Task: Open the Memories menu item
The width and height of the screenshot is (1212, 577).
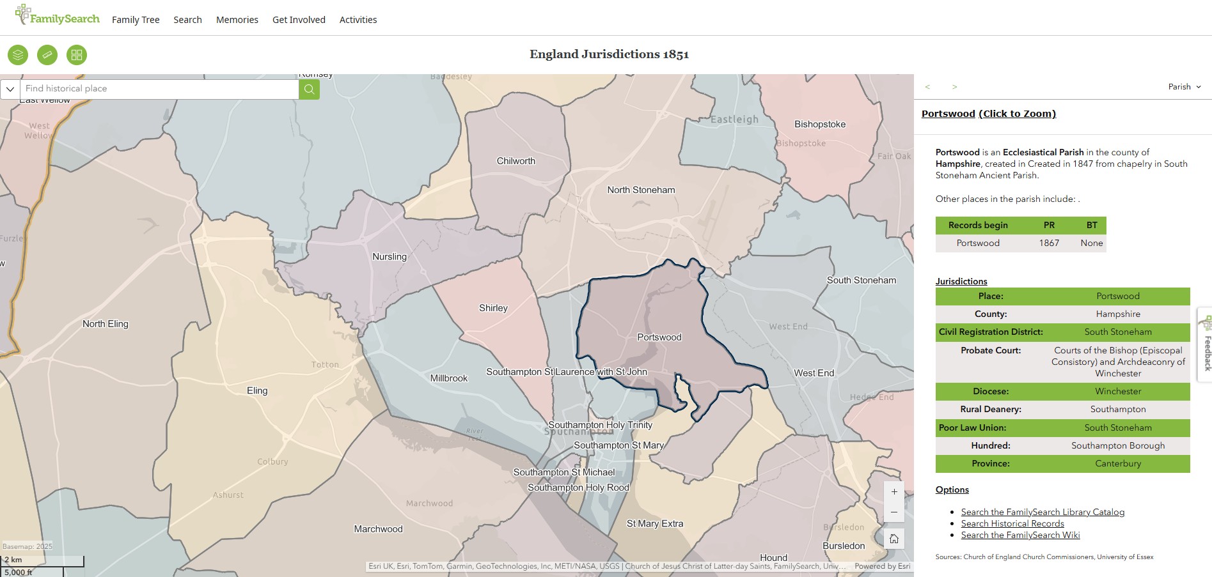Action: (x=237, y=20)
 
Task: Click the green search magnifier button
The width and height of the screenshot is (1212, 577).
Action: (x=309, y=89)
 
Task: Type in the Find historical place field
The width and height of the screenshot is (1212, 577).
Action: (x=160, y=89)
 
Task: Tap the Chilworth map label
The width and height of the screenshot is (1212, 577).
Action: (x=515, y=161)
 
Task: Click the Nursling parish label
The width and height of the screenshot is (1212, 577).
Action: (x=390, y=256)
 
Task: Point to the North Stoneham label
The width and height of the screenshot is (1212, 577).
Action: (x=641, y=190)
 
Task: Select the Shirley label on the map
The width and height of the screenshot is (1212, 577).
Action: (x=493, y=308)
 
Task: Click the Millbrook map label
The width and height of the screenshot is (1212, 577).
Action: (x=449, y=378)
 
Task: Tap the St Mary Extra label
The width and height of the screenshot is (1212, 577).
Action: (x=655, y=523)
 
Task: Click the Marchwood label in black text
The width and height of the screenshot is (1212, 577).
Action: (x=378, y=529)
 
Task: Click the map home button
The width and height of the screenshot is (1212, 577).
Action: (x=894, y=539)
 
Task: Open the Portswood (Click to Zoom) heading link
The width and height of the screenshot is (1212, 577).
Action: (x=988, y=114)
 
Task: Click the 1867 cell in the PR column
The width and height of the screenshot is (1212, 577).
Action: (x=1049, y=243)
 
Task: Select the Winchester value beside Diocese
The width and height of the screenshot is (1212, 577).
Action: (x=1117, y=391)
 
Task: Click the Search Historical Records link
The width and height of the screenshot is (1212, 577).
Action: (x=1012, y=523)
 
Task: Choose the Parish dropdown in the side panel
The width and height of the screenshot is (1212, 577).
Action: (x=1184, y=87)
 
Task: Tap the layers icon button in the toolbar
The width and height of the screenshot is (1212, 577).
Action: (x=18, y=55)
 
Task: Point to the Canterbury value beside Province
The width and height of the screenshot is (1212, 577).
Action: (x=1117, y=463)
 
